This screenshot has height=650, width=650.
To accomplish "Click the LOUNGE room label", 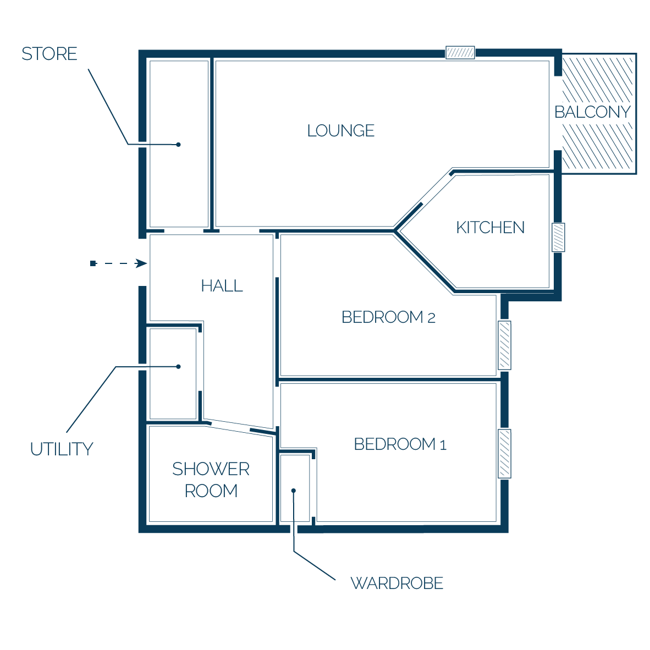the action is [x=341, y=130].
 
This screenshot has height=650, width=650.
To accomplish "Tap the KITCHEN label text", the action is [x=491, y=227].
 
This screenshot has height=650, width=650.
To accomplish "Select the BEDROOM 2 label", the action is [x=388, y=317].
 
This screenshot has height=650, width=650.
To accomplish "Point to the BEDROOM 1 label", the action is [x=400, y=444].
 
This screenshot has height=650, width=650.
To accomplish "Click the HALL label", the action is [x=222, y=285].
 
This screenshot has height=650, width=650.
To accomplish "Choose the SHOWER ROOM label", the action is [x=211, y=480].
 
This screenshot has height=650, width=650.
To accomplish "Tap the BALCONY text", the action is [x=592, y=112].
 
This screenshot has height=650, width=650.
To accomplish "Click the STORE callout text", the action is [x=49, y=54].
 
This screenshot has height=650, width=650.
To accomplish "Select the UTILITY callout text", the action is [x=62, y=449].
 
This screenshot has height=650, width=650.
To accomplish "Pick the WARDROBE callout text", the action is [x=396, y=583].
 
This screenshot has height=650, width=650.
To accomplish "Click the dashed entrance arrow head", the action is [x=141, y=263].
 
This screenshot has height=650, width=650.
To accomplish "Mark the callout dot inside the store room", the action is [x=178, y=145].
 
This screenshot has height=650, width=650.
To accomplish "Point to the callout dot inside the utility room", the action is [x=178, y=366].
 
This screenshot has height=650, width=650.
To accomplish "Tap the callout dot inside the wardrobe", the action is [x=294, y=491].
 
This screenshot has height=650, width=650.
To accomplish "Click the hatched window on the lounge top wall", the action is [x=460, y=53].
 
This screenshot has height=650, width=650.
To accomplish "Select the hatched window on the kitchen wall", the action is [x=558, y=238].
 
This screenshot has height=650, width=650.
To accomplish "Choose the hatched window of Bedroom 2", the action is [x=504, y=345].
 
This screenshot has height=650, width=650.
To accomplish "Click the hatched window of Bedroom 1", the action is [x=504, y=454].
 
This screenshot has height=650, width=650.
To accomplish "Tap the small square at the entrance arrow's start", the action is [x=93, y=263].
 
